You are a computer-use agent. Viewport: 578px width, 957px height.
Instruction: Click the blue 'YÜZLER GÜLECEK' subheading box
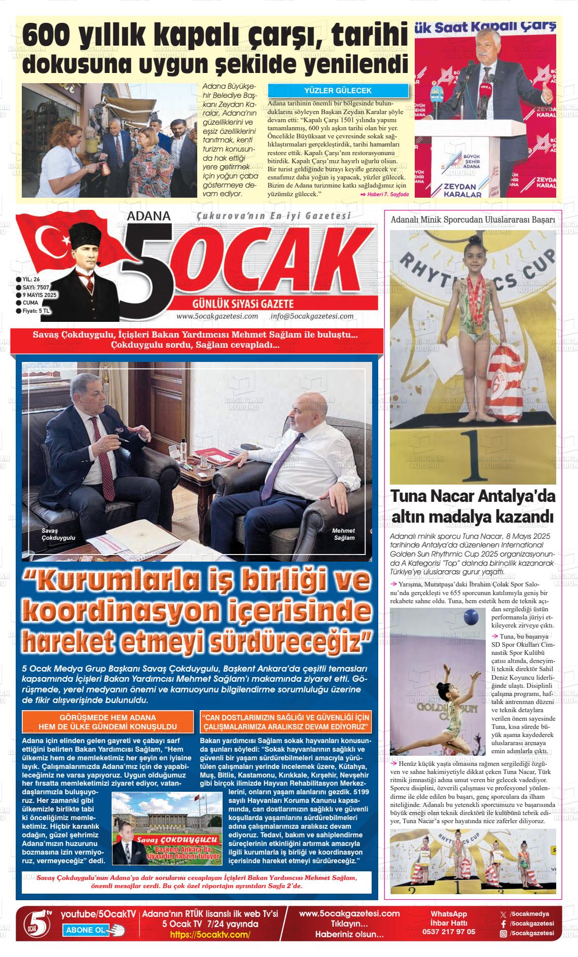[338, 91]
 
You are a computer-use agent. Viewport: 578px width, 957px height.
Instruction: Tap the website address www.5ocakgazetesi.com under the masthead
[217, 316]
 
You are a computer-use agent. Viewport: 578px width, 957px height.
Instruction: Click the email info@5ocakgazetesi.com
[312, 316]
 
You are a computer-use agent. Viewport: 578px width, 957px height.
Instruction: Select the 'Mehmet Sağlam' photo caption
[344, 534]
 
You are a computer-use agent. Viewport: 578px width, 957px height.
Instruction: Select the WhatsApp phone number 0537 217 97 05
[449, 932]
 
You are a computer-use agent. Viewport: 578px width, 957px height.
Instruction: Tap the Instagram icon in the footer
[503, 933]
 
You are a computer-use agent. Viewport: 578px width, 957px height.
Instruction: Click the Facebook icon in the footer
[503, 924]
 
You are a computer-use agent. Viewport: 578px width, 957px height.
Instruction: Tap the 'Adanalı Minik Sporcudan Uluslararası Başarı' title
[473, 219]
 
